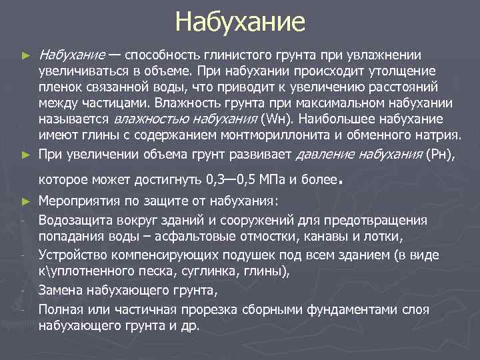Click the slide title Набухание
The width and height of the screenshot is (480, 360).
(240, 22)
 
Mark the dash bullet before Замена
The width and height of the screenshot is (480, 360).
(23, 290)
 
